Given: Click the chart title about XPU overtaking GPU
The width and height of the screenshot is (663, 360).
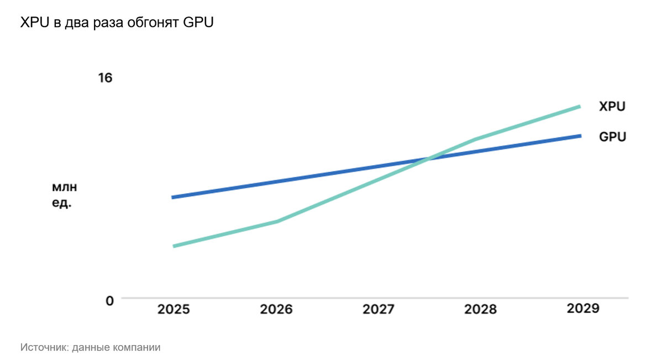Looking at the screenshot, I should point(116,23).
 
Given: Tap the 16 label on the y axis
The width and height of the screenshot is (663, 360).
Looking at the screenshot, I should point(105,78).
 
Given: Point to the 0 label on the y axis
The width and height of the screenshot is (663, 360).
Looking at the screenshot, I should point(109,300).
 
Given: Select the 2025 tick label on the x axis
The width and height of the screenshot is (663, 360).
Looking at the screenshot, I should point(173,309).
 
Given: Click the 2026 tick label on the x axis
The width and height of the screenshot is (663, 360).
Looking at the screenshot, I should point(276,309).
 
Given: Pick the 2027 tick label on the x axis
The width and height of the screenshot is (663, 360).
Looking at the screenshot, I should point(378,309).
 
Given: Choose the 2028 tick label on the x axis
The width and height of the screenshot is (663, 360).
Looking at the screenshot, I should point(480,309).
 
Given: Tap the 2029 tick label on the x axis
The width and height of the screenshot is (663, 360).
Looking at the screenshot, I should point(583,308).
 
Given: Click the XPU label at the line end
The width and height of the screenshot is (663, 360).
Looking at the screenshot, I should point(612,107).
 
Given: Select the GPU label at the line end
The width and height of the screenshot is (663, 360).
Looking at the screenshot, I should point(613,137).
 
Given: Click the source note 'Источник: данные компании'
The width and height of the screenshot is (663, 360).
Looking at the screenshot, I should point(91,347).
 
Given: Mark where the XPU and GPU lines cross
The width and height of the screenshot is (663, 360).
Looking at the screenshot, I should point(429,159).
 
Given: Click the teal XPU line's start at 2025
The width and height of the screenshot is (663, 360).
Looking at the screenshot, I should point(174,246).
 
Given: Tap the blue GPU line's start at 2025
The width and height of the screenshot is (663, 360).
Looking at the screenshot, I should point(173,197).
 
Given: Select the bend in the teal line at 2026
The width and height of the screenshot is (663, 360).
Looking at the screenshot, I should point(277,221).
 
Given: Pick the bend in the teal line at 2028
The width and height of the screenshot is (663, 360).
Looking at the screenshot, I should point(476,139).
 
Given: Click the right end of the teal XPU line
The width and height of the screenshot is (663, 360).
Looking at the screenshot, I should point(580,107).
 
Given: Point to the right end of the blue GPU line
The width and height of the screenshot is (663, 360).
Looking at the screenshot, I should point(580,136).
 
